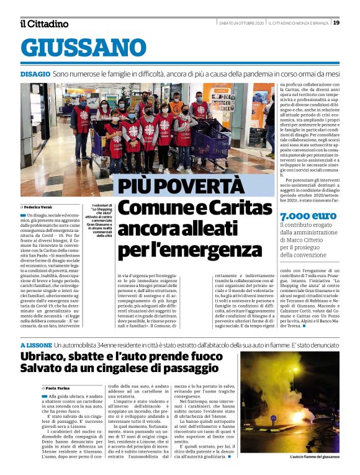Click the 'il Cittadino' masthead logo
point(44,24)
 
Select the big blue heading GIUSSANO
point(83,48)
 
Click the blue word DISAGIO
point(35,73)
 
